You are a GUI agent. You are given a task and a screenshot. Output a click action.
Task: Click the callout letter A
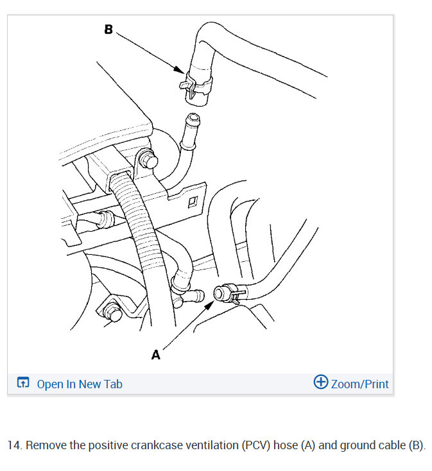pyautogui.click(x=155, y=354)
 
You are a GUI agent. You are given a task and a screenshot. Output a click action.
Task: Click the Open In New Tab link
pyautogui.click(x=79, y=384)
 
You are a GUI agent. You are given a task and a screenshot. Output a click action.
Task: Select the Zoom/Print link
pyautogui.click(x=359, y=384)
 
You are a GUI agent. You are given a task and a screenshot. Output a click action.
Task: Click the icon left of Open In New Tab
pyautogui.click(x=23, y=384)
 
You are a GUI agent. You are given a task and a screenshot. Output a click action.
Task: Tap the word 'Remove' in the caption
pyautogui.click(x=46, y=445)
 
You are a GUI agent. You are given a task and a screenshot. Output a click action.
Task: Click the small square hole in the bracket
pyautogui.click(x=191, y=204)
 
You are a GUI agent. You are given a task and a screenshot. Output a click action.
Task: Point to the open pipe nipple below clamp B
pyautogui.click(x=191, y=121)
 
